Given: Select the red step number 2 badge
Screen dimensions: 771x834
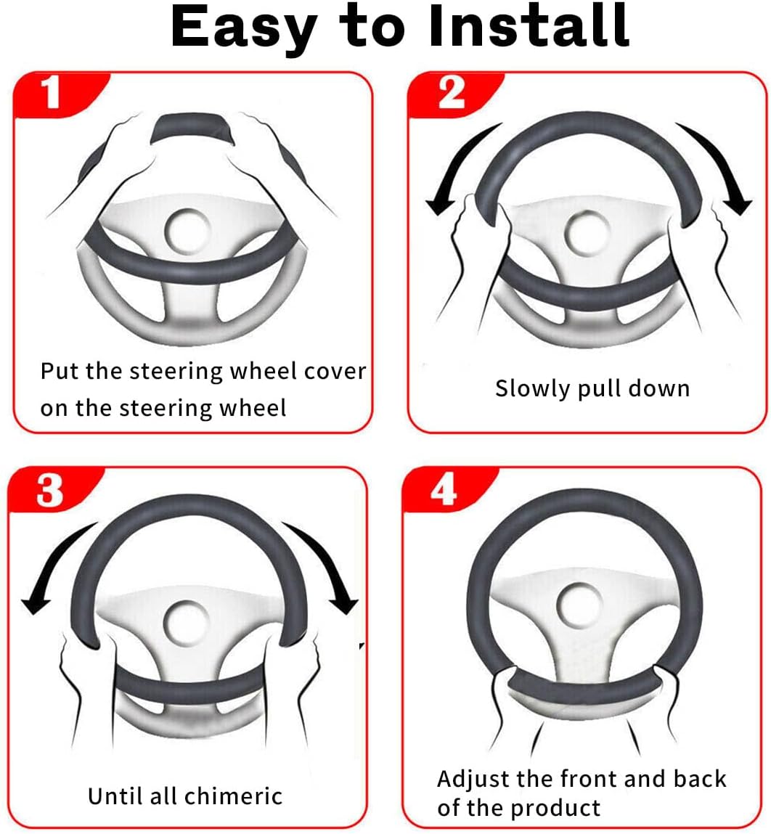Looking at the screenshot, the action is pos(454,94).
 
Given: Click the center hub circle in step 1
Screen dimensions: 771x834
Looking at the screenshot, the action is pos(187,232).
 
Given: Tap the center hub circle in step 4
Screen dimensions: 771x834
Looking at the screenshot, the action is pos(579,605).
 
